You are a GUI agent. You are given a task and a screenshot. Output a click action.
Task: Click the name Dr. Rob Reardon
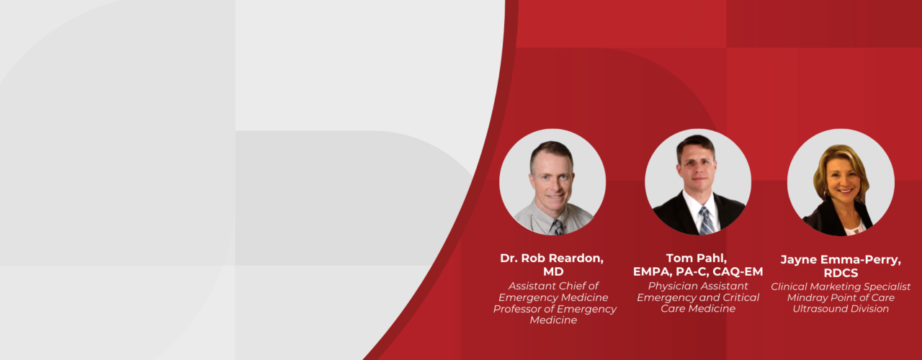pos(552,258)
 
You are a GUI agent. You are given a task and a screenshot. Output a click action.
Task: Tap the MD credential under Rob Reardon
pos(553,271)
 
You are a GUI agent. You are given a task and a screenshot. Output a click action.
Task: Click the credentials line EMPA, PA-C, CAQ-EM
pos(698,271)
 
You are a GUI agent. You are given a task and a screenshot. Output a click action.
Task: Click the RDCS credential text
pos(841,273)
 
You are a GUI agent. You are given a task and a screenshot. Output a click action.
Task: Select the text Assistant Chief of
pos(553,286)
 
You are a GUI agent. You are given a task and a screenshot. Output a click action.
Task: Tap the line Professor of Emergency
pos(555,309)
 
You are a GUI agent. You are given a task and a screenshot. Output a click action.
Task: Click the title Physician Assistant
pos(698,286)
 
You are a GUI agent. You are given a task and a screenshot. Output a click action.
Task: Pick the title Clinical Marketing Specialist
pos(841,287)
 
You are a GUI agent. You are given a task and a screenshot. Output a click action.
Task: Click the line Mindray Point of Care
pos(841,297)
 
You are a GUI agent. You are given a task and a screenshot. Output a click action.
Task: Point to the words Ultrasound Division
pos(841,309)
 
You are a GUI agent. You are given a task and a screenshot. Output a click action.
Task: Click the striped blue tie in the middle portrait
pos(707,221)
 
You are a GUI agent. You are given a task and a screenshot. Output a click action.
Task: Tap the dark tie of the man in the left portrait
pos(558,228)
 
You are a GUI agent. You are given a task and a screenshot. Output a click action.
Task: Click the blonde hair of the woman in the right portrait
pos(840,165)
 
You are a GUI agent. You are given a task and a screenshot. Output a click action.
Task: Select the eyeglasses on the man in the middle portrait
pos(697,164)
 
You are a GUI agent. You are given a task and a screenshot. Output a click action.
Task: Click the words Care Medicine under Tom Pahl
pos(698,309)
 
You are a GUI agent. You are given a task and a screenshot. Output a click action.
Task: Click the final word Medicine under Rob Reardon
pos(553,320)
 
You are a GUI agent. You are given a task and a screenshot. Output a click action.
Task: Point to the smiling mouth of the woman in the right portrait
pos(845,191)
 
